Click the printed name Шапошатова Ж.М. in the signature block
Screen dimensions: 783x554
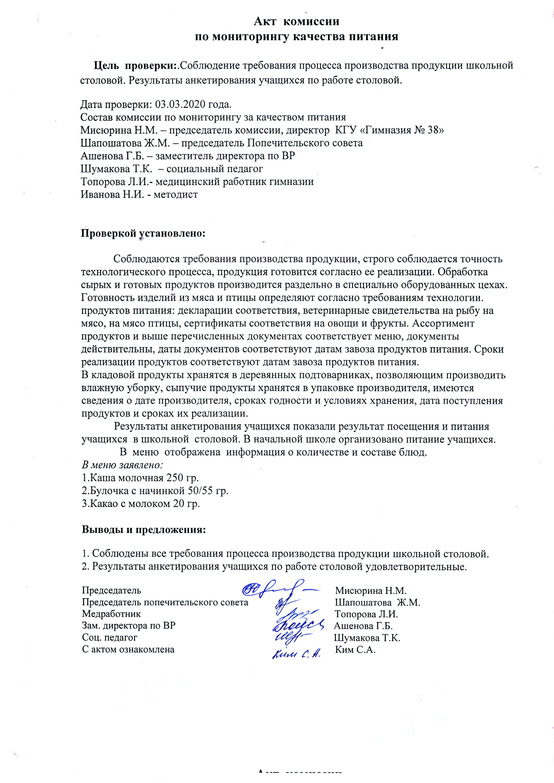377,602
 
